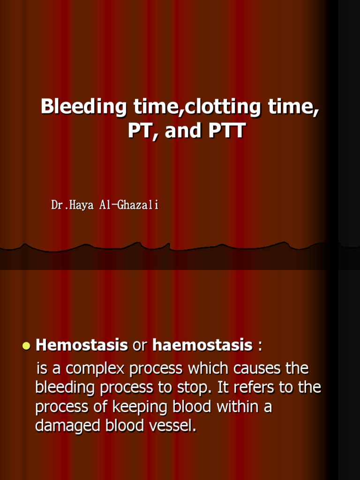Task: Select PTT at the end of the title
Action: coord(225,131)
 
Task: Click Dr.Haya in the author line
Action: coord(70,205)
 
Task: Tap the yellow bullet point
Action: coord(26,346)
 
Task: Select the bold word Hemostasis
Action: coord(82,346)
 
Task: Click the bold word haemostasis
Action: coord(202,346)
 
